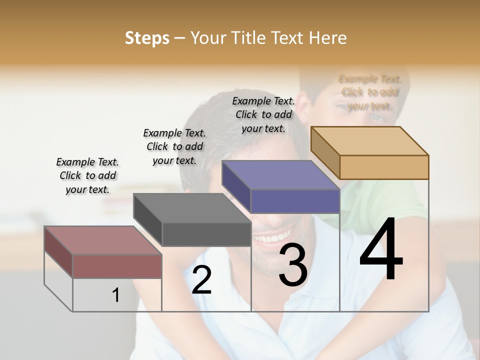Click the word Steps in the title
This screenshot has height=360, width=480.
tap(147, 38)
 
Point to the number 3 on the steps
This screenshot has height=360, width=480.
tap(293, 265)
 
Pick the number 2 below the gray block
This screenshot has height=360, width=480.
tap(201, 280)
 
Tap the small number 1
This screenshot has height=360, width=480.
tap(115, 295)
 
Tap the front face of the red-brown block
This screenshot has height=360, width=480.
tap(117, 266)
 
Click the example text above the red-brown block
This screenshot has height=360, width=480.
tap(87, 175)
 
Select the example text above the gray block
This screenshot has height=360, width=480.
tap(174, 146)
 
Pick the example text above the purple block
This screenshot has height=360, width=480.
tap(263, 114)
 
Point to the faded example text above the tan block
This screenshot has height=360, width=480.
tap(369, 92)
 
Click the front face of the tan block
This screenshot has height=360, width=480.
tap(384, 167)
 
